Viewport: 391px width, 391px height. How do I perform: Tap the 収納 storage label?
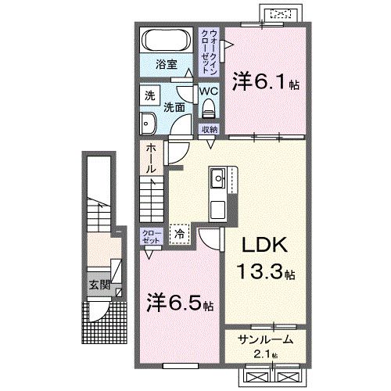209,129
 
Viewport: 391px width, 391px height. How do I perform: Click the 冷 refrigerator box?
181,232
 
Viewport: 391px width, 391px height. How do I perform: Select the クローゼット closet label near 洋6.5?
151,237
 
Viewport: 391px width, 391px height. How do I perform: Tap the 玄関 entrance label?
98,285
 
